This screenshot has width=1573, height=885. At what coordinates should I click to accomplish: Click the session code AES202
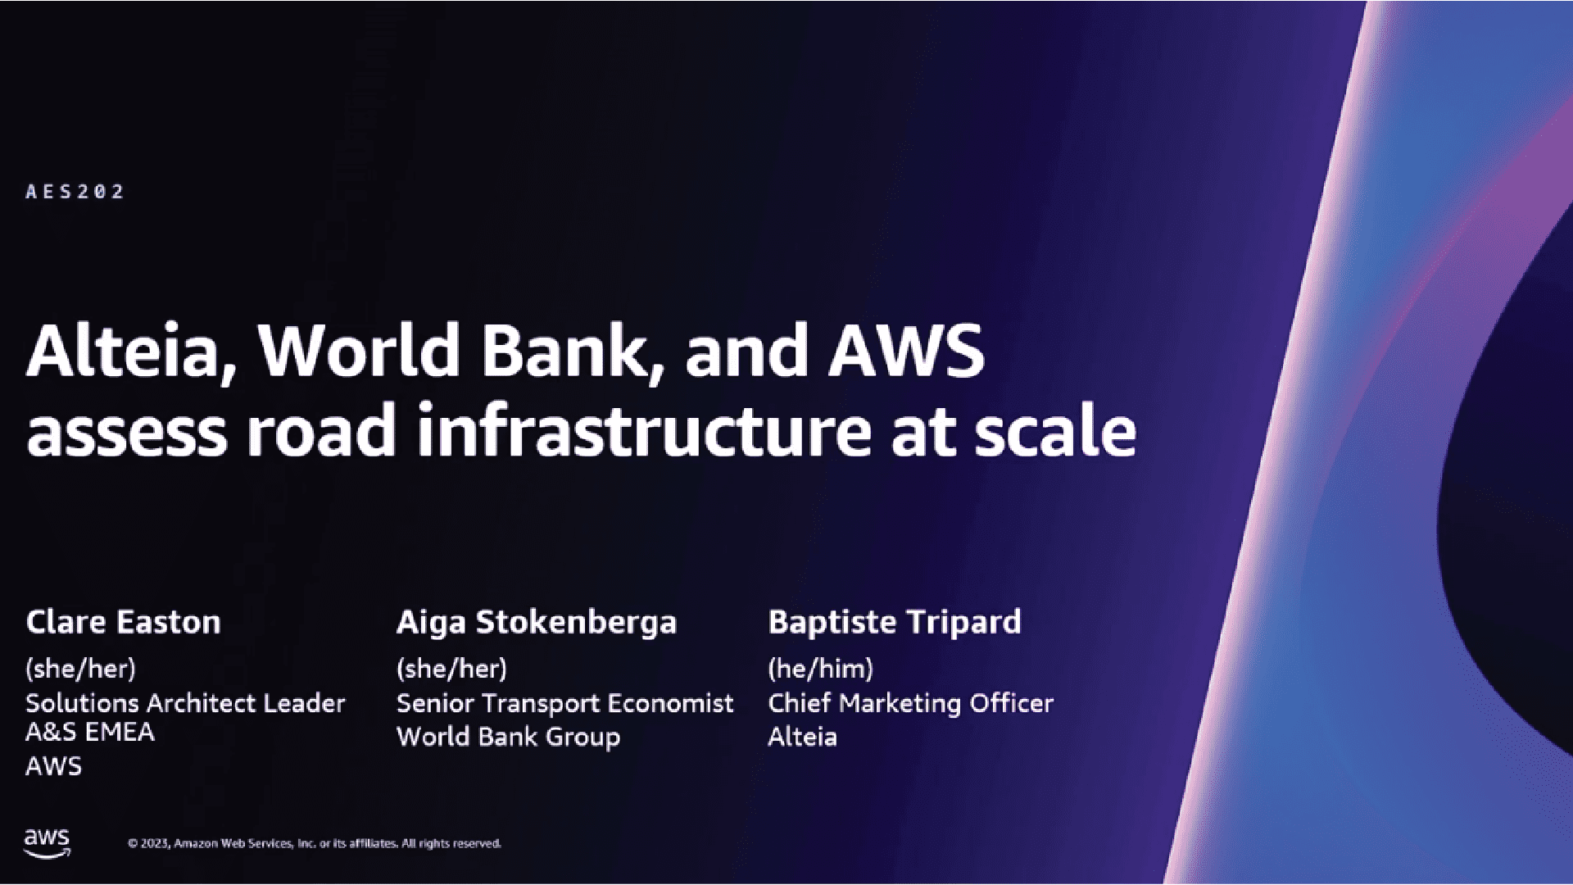coord(75,192)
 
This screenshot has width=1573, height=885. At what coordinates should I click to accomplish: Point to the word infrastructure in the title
coord(644,432)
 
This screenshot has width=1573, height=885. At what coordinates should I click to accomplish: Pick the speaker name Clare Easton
coord(124,622)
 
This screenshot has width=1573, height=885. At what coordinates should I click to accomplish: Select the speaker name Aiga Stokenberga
coord(537,623)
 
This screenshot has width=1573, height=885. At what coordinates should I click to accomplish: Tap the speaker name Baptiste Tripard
coord(895,622)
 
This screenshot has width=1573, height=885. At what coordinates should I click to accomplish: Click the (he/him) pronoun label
coord(820,669)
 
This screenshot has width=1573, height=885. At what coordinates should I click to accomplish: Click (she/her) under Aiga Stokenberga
coord(451,669)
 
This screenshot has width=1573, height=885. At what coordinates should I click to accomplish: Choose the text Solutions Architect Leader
coord(185,703)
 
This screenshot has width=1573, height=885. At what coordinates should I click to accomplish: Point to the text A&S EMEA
coord(90,732)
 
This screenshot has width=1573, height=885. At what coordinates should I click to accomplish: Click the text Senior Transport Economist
coord(564,703)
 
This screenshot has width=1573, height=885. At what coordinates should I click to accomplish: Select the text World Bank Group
coord(508,737)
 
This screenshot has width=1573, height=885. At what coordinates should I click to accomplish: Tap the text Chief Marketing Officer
coord(910,703)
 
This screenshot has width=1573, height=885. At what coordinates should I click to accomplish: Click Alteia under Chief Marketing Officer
coord(802,737)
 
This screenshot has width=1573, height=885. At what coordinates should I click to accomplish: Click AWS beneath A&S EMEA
coord(54,766)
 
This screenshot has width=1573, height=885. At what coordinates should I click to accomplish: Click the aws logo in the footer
coord(47,842)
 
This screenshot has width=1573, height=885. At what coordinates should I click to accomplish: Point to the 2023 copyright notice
coord(314,843)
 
